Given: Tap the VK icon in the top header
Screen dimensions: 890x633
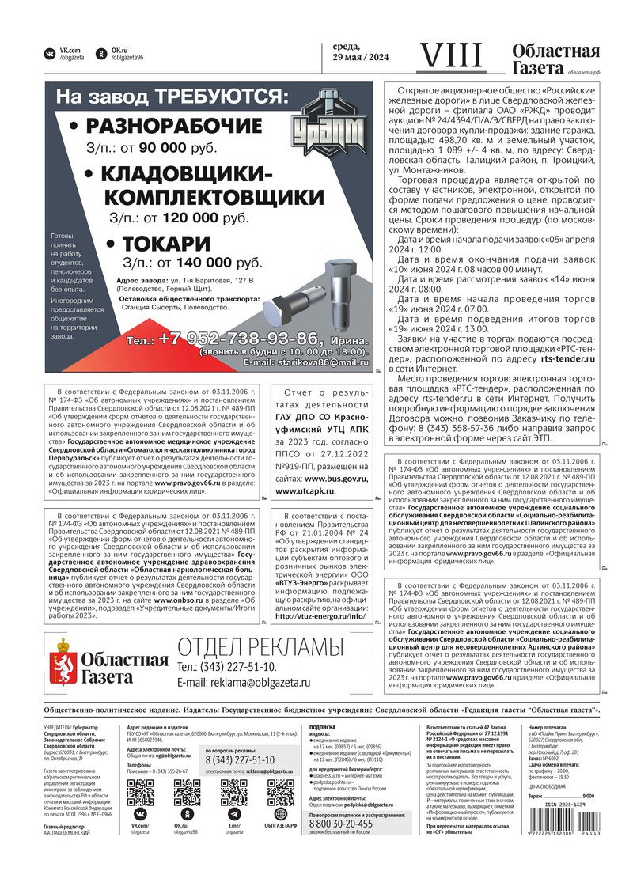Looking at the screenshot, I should tap(50, 54).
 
